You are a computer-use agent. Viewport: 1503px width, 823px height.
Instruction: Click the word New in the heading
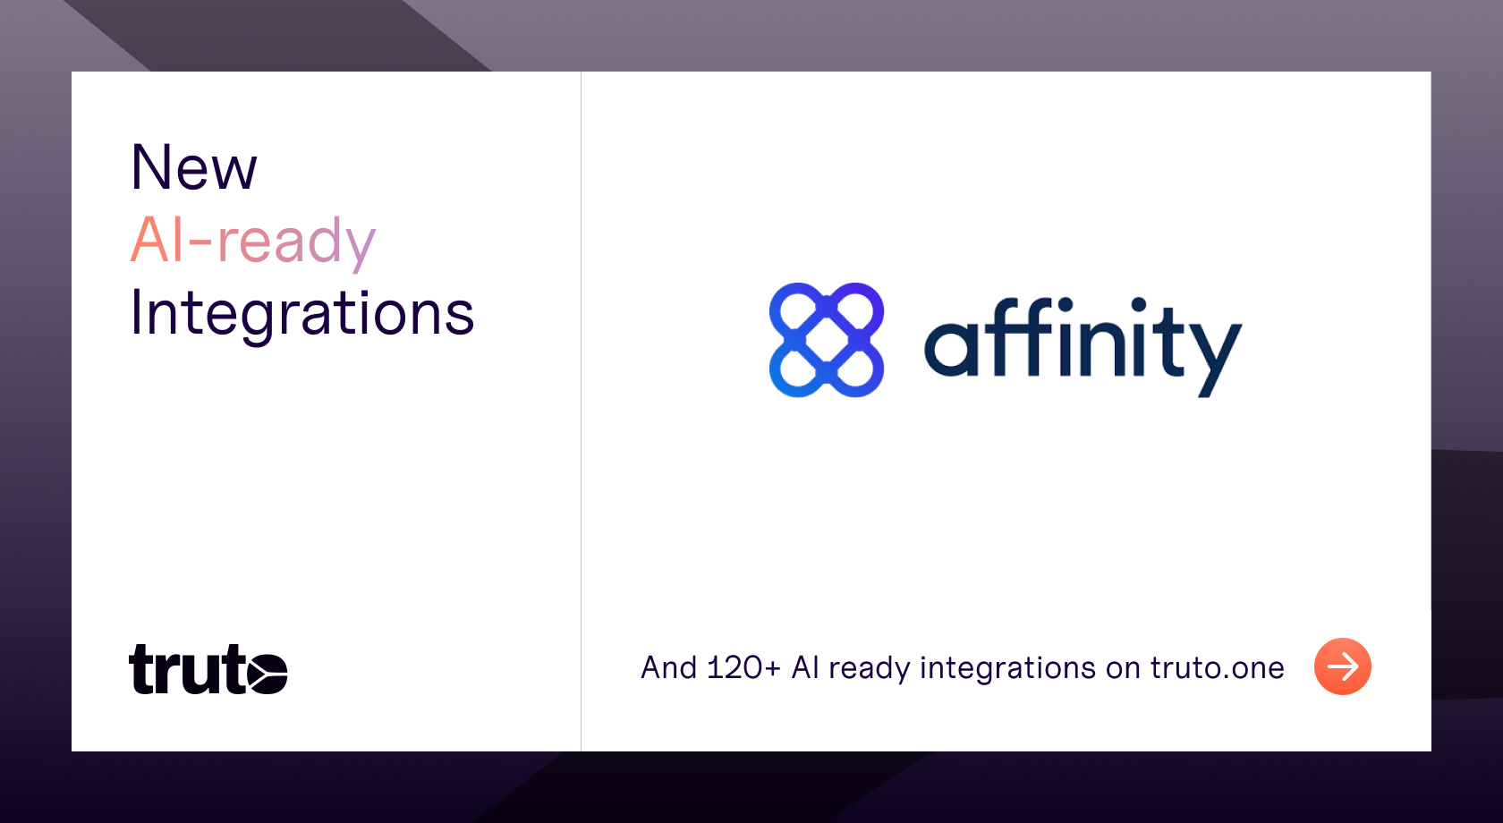pyautogui.click(x=194, y=167)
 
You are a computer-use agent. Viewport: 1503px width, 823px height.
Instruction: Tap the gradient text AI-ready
pyautogui.click(x=253, y=242)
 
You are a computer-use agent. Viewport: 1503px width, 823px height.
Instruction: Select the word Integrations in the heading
pyautogui.click(x=302, y=315)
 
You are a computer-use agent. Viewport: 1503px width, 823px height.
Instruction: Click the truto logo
pyautogui.click(x=208, y=669)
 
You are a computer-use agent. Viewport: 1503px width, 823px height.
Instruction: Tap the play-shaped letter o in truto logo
pyautogui.click(x=267, y=674)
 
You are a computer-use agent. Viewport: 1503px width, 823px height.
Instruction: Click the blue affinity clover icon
pyautogui.click(x=826, y=340)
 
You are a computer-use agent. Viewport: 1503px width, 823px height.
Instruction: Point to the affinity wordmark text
pyautogui.click(x=1083, y=347)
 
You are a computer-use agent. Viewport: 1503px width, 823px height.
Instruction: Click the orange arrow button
pyautogui.click(x=1343, y=666)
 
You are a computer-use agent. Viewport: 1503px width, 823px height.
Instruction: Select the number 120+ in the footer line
pyautogui.click(x=743, y=667)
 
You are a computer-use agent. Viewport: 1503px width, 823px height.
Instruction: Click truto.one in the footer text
pyautogui.click(x=1217, y=667)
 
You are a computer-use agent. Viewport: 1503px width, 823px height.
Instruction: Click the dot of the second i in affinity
pyautogui.click(x=1139, y=305)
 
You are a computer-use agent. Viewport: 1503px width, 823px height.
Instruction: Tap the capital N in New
pyautogui.click(x=153, y=167)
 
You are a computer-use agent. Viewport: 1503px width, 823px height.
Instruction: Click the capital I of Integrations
pyautogui.click(x=136, y=312)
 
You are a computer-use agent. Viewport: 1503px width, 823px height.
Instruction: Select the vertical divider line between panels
pyautogui.click(x=582, y=411)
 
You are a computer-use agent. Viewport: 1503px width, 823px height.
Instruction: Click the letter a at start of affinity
pyautogui.click(x=947, y=349)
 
